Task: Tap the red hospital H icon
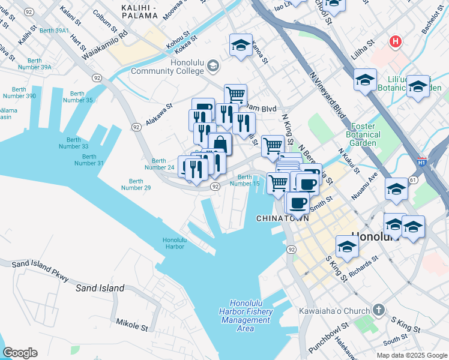pos(395,41)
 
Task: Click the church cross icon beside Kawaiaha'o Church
pos(378,310)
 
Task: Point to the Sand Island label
pos(100,288)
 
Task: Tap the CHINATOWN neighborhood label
pos(283,218)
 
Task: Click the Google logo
pos(20,353)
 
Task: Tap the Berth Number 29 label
pos(136,184)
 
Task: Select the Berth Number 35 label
pos(80,97)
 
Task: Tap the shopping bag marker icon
pos(220,143)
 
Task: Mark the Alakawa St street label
pos(158,112)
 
